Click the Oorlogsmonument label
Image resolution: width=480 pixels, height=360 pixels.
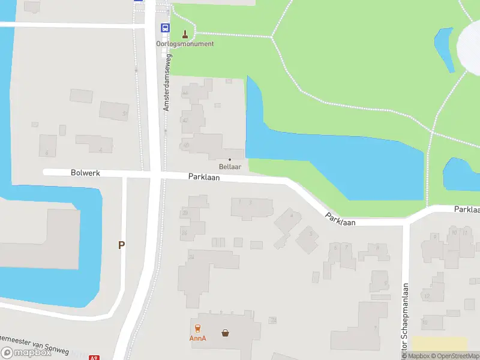click(x=185, y=44)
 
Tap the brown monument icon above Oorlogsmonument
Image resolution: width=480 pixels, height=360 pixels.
click(x=185, y=34)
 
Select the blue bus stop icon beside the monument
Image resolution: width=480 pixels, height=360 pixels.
click(x=164, y=28)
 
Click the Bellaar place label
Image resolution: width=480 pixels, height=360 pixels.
click(x=229, y=166)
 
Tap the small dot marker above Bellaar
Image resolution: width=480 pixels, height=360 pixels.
click(x=229, y=159)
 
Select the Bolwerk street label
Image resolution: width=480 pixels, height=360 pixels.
click(x=85, y=173)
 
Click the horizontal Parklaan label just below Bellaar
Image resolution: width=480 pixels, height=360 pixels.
click(x=204, y=177)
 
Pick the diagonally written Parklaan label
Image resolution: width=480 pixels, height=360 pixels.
click(x=340, y=219)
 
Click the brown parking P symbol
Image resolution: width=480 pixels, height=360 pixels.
click(x=121, y=245)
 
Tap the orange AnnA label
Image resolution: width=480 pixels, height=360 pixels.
click(x=197, y=338)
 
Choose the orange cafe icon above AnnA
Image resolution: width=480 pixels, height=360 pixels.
click(x=197, y=329)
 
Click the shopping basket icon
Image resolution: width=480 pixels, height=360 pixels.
click(x=225, y=332)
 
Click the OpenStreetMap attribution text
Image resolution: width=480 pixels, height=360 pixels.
click(x=454, y=356)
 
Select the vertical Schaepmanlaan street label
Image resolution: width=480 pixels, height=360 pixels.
click(x=405, y=318)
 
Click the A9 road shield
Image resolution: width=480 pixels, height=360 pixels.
click(x=94, y=358)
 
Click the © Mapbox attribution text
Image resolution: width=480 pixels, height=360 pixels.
click(x=416, y=356)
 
